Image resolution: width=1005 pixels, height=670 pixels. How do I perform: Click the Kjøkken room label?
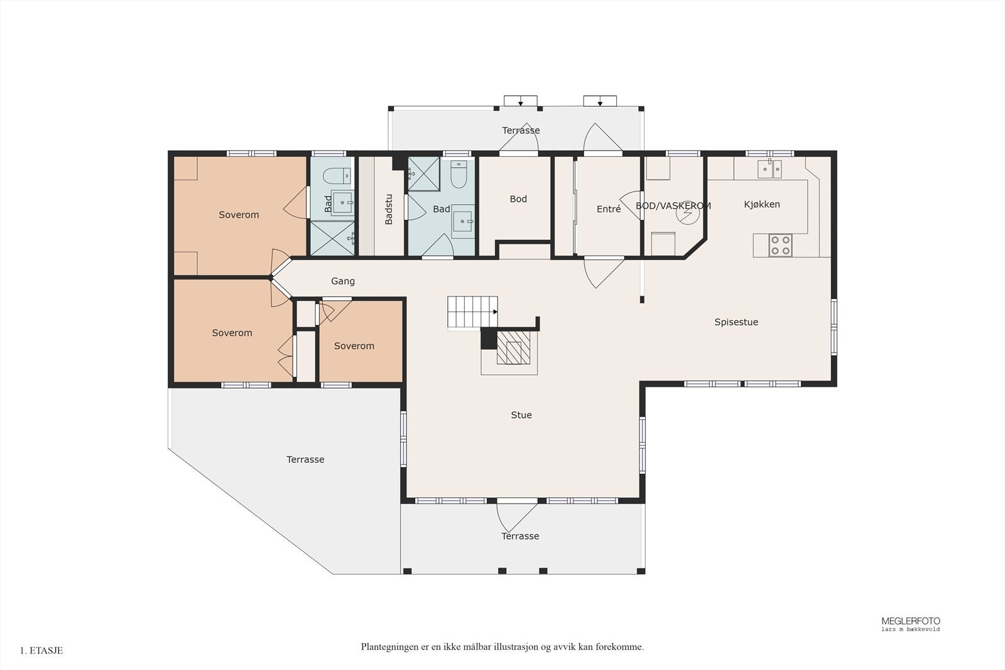click(762, 205)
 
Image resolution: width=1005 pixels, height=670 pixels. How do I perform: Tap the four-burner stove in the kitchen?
click(780, 246)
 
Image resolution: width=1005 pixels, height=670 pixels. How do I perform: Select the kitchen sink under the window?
click(769, 169)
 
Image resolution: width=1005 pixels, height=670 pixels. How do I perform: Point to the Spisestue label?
click(736, 322)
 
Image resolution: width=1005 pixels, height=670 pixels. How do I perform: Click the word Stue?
click(521, 415)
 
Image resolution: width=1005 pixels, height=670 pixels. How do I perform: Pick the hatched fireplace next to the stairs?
click(514, 347)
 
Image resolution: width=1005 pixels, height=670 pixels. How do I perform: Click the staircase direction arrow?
click(496, 311)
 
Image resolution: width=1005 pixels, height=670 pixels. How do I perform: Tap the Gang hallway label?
click(343, 282)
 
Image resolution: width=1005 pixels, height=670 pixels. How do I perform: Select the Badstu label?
click(389, 210)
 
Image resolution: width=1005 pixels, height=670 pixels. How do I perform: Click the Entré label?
click(609, 209)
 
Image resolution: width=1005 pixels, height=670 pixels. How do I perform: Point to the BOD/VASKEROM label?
click(673, 206)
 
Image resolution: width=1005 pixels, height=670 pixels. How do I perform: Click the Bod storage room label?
click(518, 199)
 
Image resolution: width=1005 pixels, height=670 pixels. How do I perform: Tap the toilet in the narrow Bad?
click(337, 176)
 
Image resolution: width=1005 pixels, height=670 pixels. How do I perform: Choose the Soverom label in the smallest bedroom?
click(354, 346)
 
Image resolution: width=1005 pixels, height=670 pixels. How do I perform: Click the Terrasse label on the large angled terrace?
click(305, 460)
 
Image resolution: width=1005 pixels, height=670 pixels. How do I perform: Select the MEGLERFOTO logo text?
click(911, 621)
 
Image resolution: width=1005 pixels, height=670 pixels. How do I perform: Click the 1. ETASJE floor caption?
click(41, 651)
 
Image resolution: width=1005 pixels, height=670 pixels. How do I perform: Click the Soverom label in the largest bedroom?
click(239, 215)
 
